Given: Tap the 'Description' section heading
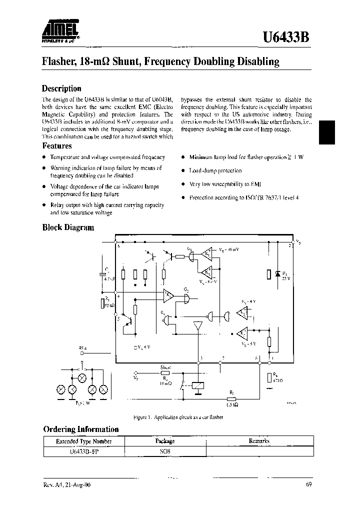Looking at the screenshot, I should (x=61, y=88).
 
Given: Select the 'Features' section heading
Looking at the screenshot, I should (x=56, y=146).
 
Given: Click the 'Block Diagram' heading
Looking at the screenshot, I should (x=67, y=227).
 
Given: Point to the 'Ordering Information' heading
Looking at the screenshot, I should (x=81, y=429).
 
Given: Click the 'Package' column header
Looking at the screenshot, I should (x=165, y=441).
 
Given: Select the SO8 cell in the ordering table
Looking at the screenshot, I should (x=165, y=450).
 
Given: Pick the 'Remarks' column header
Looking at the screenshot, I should (x=259, y=441).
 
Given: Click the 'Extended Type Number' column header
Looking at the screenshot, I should (x=83, y=441).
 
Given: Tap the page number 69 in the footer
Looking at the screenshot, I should (x=309, y=485).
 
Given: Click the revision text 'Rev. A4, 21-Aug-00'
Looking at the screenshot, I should (x=67, y=485).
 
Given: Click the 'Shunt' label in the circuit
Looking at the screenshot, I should (x=165, y=366).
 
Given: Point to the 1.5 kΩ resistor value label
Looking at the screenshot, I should (x=231, y=405).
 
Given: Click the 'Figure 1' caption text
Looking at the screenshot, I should (x=178, y=417).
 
